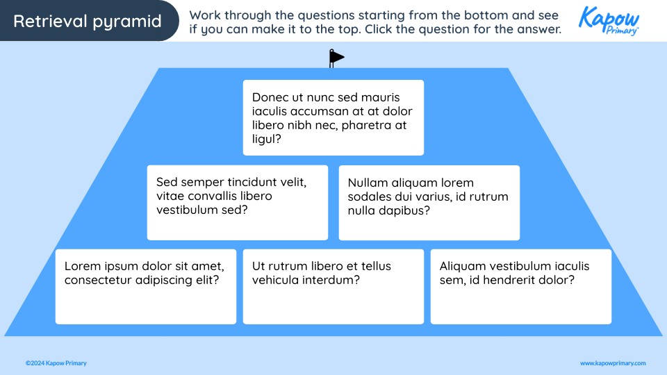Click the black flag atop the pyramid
click(336, 58)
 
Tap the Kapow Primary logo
click(609, 21)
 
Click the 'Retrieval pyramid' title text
click(87, 22)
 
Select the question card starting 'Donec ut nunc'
click(333, 117)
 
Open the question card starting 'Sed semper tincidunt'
click(237, 203)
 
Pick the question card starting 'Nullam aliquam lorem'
click(429, 203)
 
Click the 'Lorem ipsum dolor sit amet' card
click(146, 287)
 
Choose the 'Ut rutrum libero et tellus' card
click(333, 287)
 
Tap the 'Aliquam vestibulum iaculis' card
click(520, 287)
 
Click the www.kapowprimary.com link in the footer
click(613, 363)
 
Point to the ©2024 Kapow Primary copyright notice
click(56, 363)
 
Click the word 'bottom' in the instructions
click(475, 15)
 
